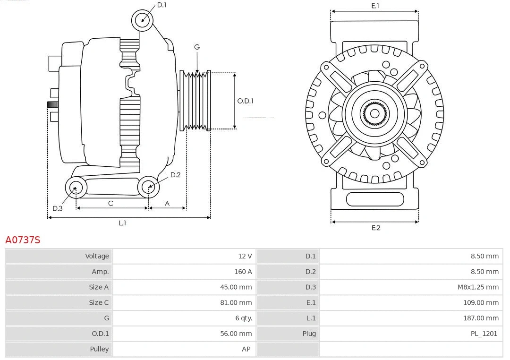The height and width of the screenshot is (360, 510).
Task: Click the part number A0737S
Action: (23, 240)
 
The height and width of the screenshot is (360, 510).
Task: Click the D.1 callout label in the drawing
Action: (161, 5)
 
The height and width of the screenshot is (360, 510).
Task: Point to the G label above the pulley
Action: (197, 47)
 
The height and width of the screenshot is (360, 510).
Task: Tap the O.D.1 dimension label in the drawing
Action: (245, 101)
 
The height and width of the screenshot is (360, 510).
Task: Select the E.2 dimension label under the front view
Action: (375, 228)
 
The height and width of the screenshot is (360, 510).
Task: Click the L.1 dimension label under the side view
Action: (122, 223)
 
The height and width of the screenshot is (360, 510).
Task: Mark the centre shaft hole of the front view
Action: (374, 113)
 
